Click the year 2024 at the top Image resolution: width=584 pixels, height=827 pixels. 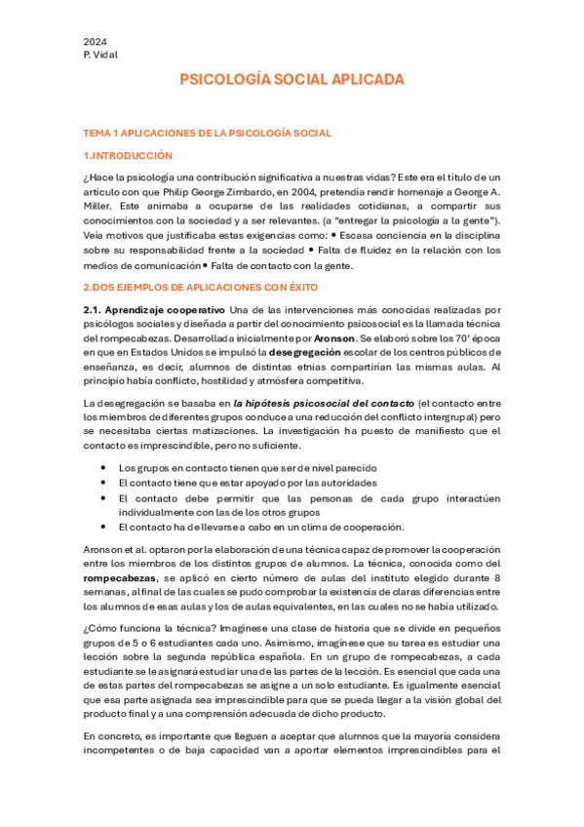click(95, 42)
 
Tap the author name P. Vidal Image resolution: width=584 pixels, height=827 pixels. click(100, 55)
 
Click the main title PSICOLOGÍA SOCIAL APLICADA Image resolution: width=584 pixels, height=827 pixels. click(292, 80)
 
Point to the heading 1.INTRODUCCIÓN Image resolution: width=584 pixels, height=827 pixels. click(128, 155)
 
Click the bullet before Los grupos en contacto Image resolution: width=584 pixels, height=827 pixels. click(103, 468)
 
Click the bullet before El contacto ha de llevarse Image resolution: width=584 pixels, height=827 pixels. click(103, 526)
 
